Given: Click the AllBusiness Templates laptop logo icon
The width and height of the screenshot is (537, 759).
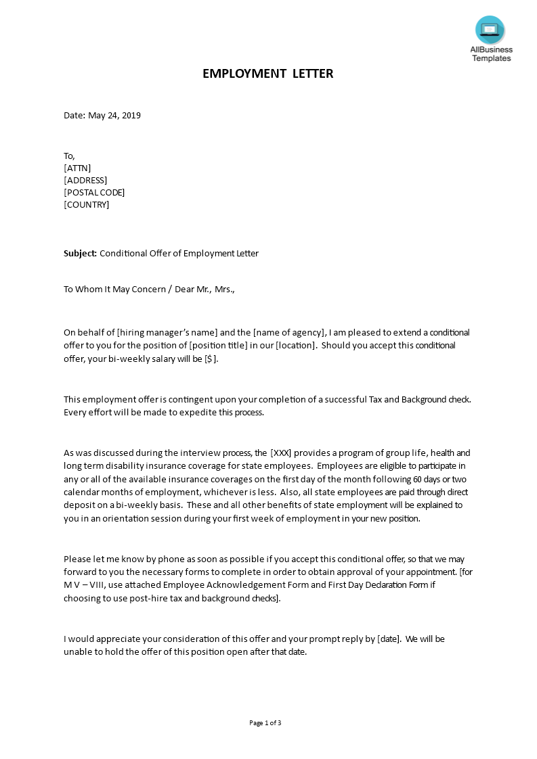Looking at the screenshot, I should pos(490,30).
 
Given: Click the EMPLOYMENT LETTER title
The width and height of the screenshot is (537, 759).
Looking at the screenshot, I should pos(268,74).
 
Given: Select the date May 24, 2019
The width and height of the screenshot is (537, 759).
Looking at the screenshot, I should pos(114,116).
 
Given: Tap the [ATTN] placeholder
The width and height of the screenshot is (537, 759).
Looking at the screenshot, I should pos(77,168).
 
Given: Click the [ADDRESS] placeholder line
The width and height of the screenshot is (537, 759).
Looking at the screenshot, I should pos(85,181).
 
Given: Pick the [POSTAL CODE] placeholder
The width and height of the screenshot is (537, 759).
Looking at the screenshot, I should pos(94,193).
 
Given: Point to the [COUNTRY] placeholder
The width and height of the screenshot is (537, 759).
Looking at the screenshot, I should pos(86,205).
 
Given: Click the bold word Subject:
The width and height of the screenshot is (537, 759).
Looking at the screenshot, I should pos(80,254).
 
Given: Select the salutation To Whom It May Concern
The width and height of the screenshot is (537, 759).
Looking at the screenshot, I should pos(114,290).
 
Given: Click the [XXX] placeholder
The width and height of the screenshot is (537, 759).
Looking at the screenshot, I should pos(281,453).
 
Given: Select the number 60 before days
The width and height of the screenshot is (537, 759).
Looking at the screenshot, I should pos(417,480).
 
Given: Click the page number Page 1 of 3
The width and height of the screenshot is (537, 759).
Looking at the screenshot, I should pos(265,723).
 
